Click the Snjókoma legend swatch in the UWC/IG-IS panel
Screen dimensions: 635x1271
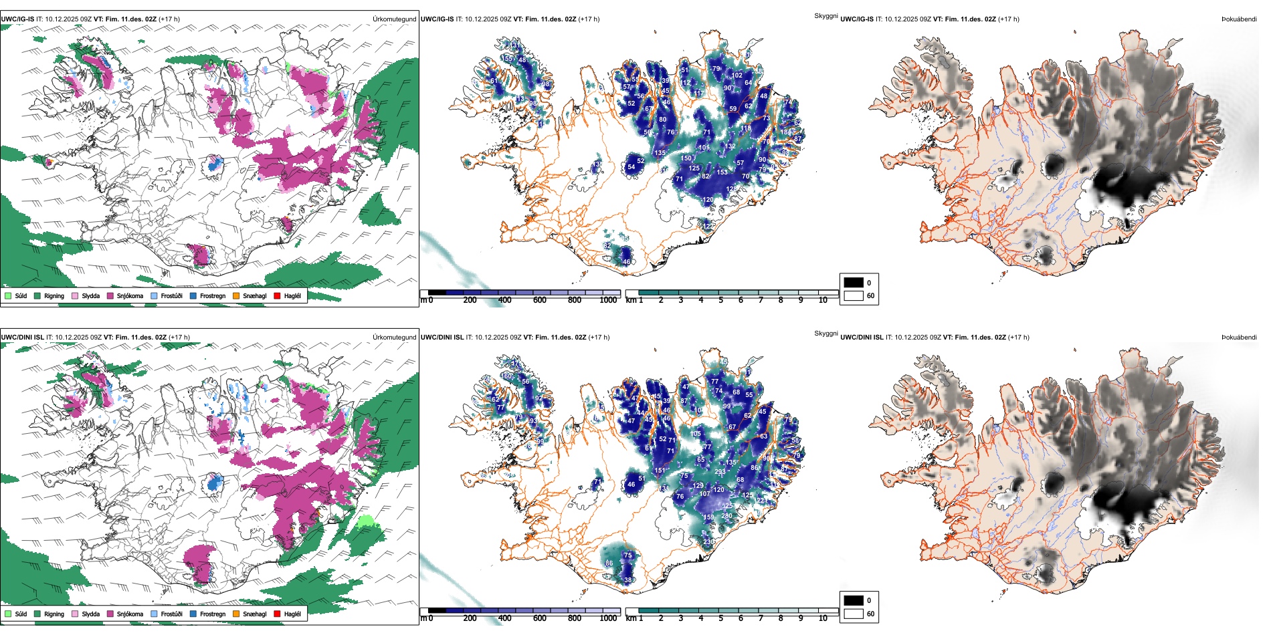pos(110,295)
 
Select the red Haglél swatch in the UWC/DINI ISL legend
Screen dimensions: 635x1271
pos(277,614)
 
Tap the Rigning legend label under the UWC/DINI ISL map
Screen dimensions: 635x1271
pos(54,614)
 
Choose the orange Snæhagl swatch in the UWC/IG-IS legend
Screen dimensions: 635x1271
pos(236,295)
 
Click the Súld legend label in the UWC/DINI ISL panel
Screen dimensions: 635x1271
pos(21,614)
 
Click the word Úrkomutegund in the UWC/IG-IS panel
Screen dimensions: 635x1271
pos(394,19)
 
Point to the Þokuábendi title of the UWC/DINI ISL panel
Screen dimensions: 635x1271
pos(1239,338)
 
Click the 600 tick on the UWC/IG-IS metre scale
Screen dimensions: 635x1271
pos(540,301)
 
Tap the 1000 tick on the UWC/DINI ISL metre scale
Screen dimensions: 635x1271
pos(608,619)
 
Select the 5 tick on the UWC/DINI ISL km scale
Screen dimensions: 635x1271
pos(721,619)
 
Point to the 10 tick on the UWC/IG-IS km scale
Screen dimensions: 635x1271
pos(823,301)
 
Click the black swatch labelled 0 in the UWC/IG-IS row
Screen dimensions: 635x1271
pos(854,283)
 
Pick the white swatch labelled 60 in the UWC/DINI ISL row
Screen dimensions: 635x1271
pos(854,614)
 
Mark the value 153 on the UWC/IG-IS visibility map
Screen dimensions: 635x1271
pos(722,172)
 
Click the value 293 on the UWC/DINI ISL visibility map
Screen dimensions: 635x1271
pos(720,472)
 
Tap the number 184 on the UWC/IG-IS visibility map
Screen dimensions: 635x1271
pos(785,132)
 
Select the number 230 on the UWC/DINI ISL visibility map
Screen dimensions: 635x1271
pos(708,542)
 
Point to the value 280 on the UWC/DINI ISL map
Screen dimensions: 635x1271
pos(726,516)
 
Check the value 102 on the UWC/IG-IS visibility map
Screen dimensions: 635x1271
pos(737,76)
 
